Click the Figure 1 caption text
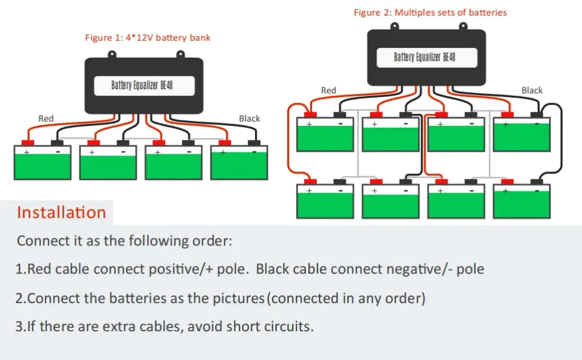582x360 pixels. pyautogui.click(x=148, y=38)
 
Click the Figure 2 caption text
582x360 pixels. pyautogui.click(x=430, y=12)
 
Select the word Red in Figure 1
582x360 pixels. pyautogui.click(x=46, y=119)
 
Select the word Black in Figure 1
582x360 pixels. pyautogui.click(x=249, y=119)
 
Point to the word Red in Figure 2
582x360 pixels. pyautogui.click(x=328, y=91)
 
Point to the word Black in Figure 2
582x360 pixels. pyautogui.click(x=532, y=91)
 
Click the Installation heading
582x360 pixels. pyautogui.click(x=61, y=212)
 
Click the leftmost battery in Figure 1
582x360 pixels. pyautogui.click(x=42, y=163)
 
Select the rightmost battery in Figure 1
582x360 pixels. pyautogui.click(x=239, y=163)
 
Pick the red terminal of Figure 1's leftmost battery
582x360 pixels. pyautogui.click(x=26, y=143)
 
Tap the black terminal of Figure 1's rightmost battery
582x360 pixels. pyautogui.click(x=254, y=143)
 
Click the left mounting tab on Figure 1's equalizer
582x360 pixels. pyautogui.click(x=112, y=55)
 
